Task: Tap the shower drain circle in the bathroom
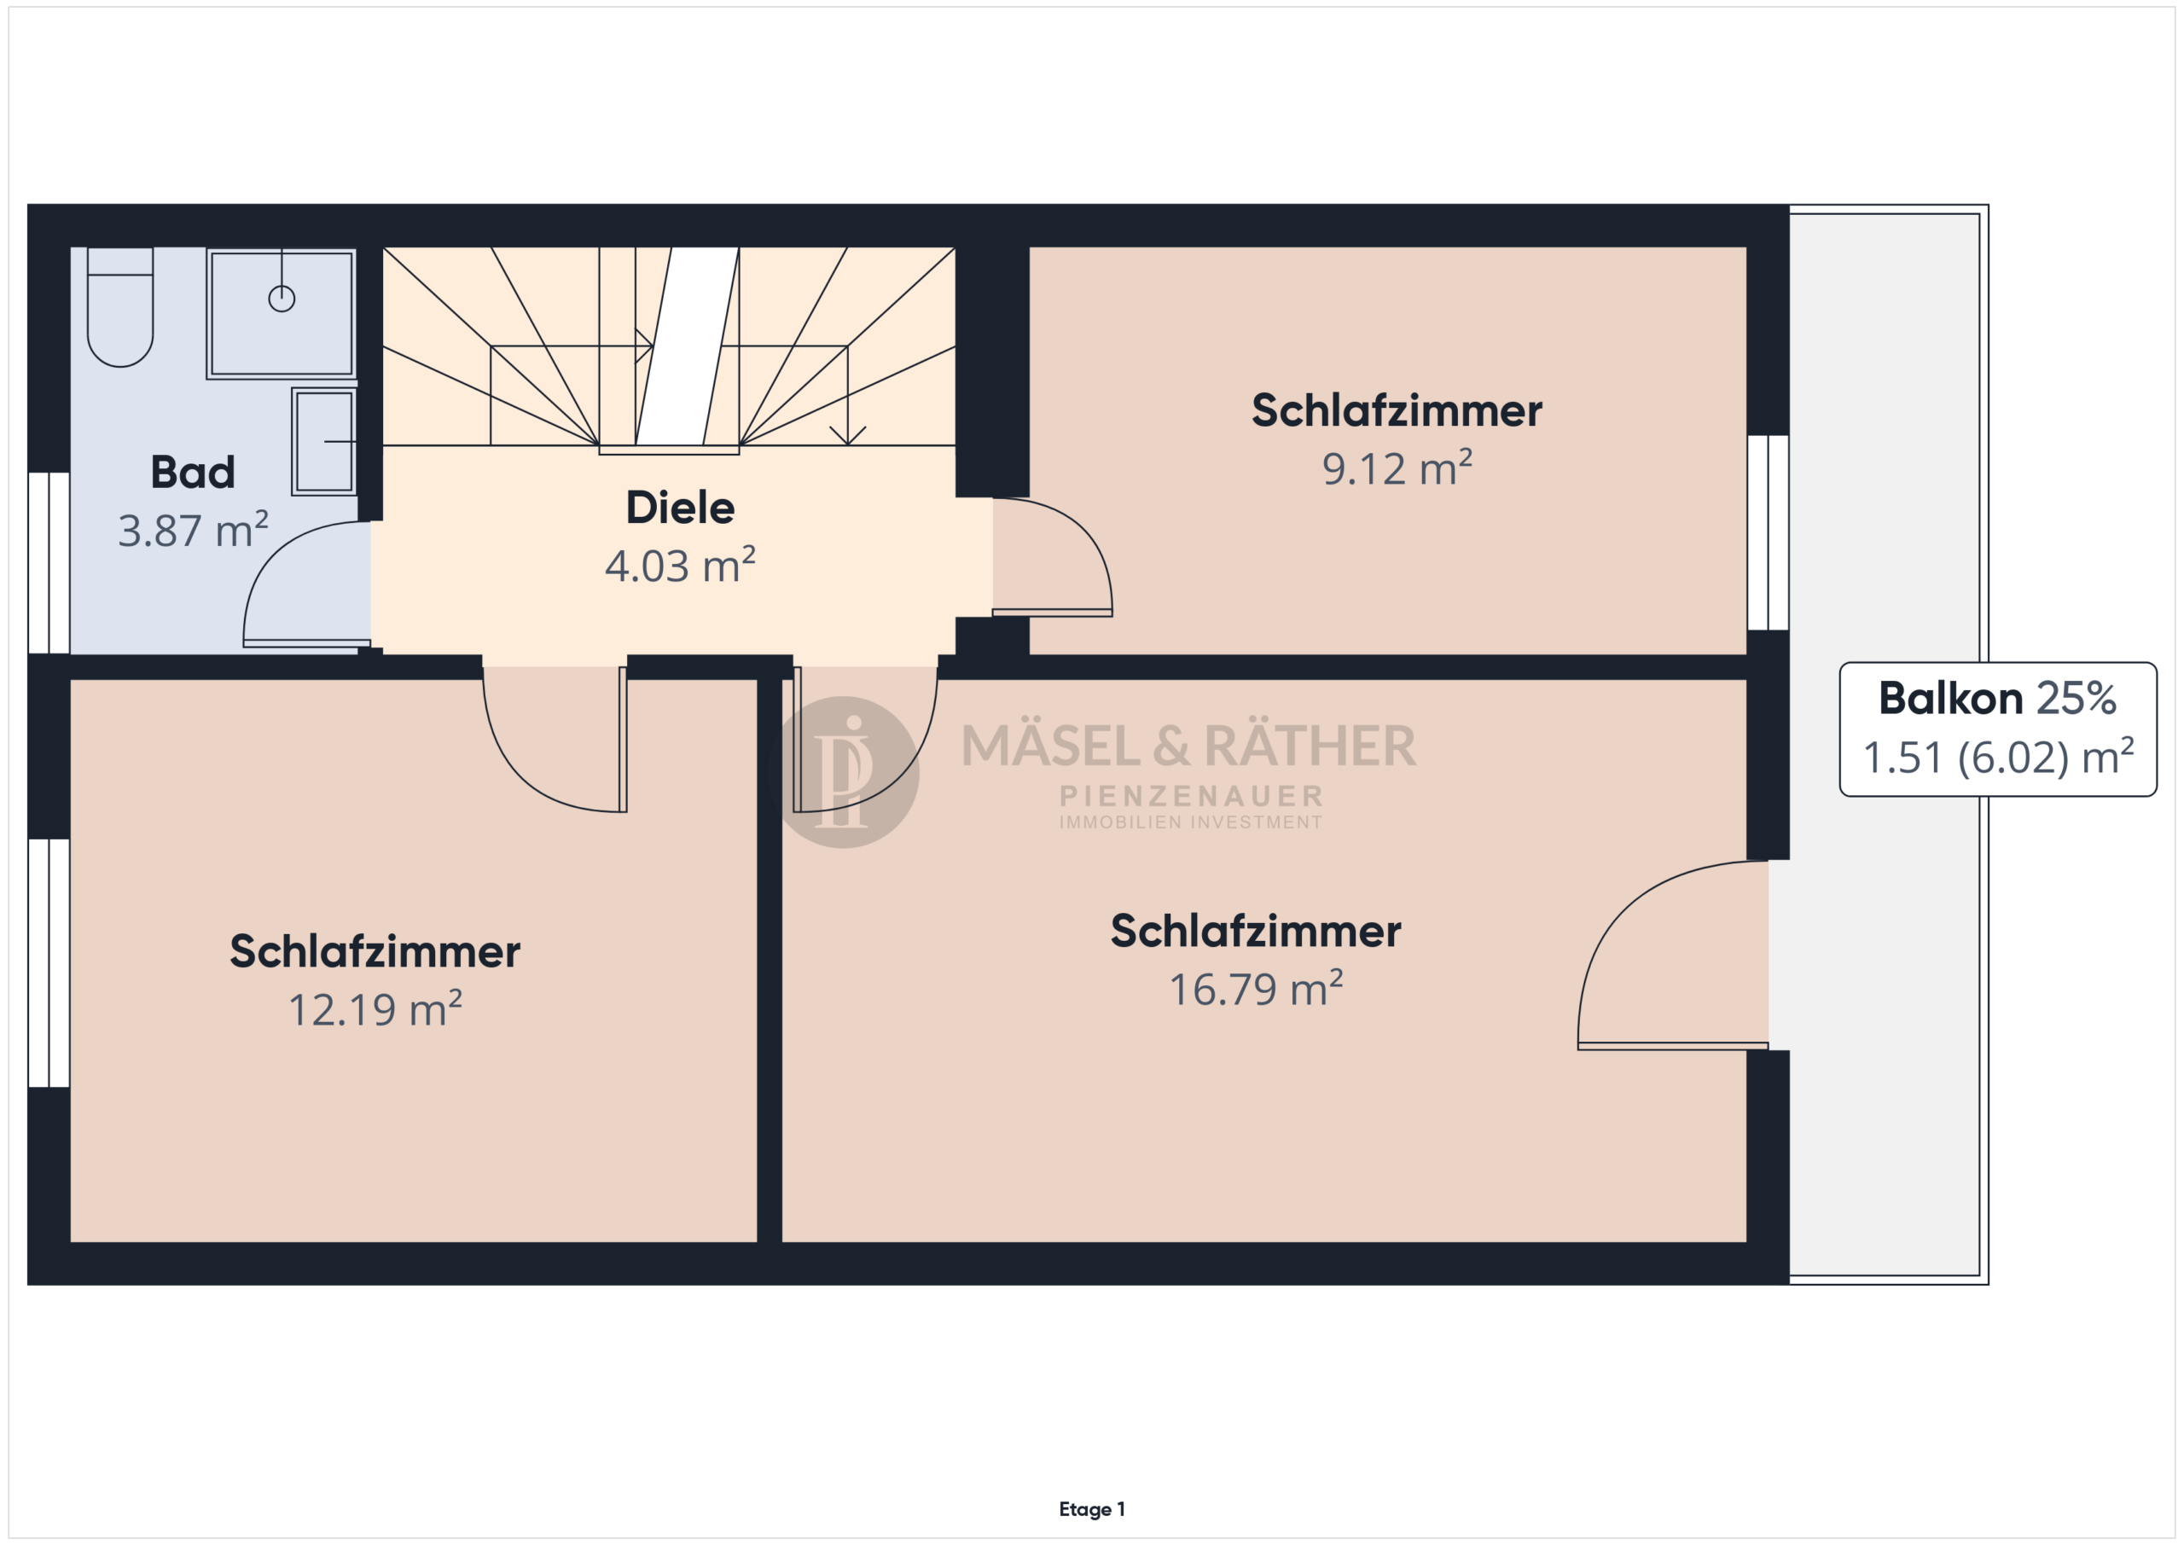tap(282, 299)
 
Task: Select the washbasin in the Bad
tap(324, 441)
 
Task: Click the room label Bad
tap(193, 472)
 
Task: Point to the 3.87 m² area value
tap(193, 530)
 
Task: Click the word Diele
tap(680, 507)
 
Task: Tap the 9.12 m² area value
tap(1397, 468)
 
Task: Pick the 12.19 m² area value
tap(375, 1008)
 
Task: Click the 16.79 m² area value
tap(1256, 989)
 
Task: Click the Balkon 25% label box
tap(1997, 729)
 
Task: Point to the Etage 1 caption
tap(1092, 1509)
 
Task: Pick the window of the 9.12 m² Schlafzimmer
tap(1769, 532)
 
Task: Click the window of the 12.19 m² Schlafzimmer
tap(49, 963)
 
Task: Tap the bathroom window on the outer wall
tap(49, 563)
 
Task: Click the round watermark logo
tap(843, 773)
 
